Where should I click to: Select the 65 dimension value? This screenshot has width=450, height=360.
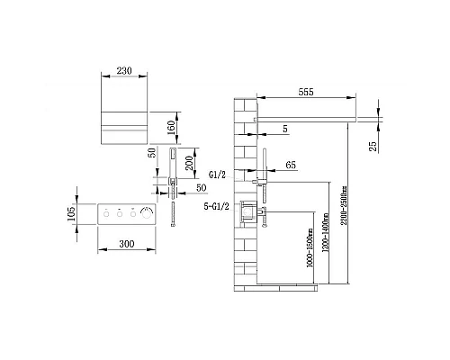pos(290,166)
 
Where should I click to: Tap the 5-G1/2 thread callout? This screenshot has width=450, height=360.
pos(221,206)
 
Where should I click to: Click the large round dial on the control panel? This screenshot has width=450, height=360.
pos(147,215)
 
